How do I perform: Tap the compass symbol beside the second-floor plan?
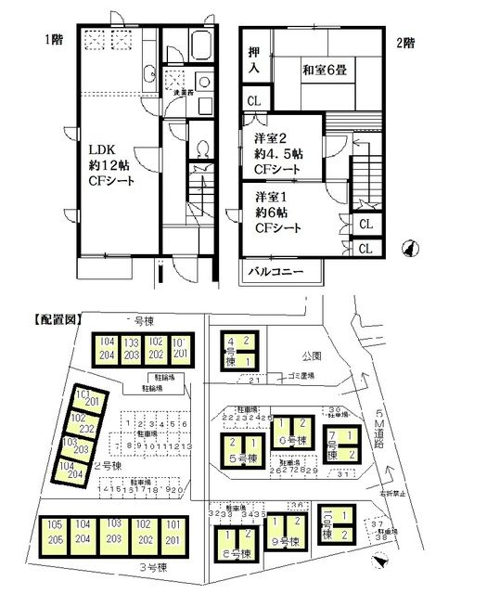[x=409, y=248]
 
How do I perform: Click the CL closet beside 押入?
[x=253, y=101]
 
